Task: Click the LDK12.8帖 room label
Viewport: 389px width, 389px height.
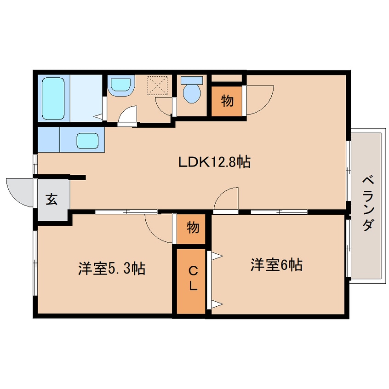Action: pyautogui.click(x=214, y=162)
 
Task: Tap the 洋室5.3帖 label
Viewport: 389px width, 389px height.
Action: pyautogui.click(x=112, y=268)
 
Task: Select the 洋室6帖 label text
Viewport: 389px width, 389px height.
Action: pyautogui.click(x=276, y=265)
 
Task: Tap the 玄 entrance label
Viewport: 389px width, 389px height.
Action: pyautogui.click(x=51, y=200)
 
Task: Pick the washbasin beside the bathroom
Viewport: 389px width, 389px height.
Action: pyautogui.click(x=120, y=85)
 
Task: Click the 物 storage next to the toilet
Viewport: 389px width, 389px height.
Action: pyautogui.click(x=227, y=101)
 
